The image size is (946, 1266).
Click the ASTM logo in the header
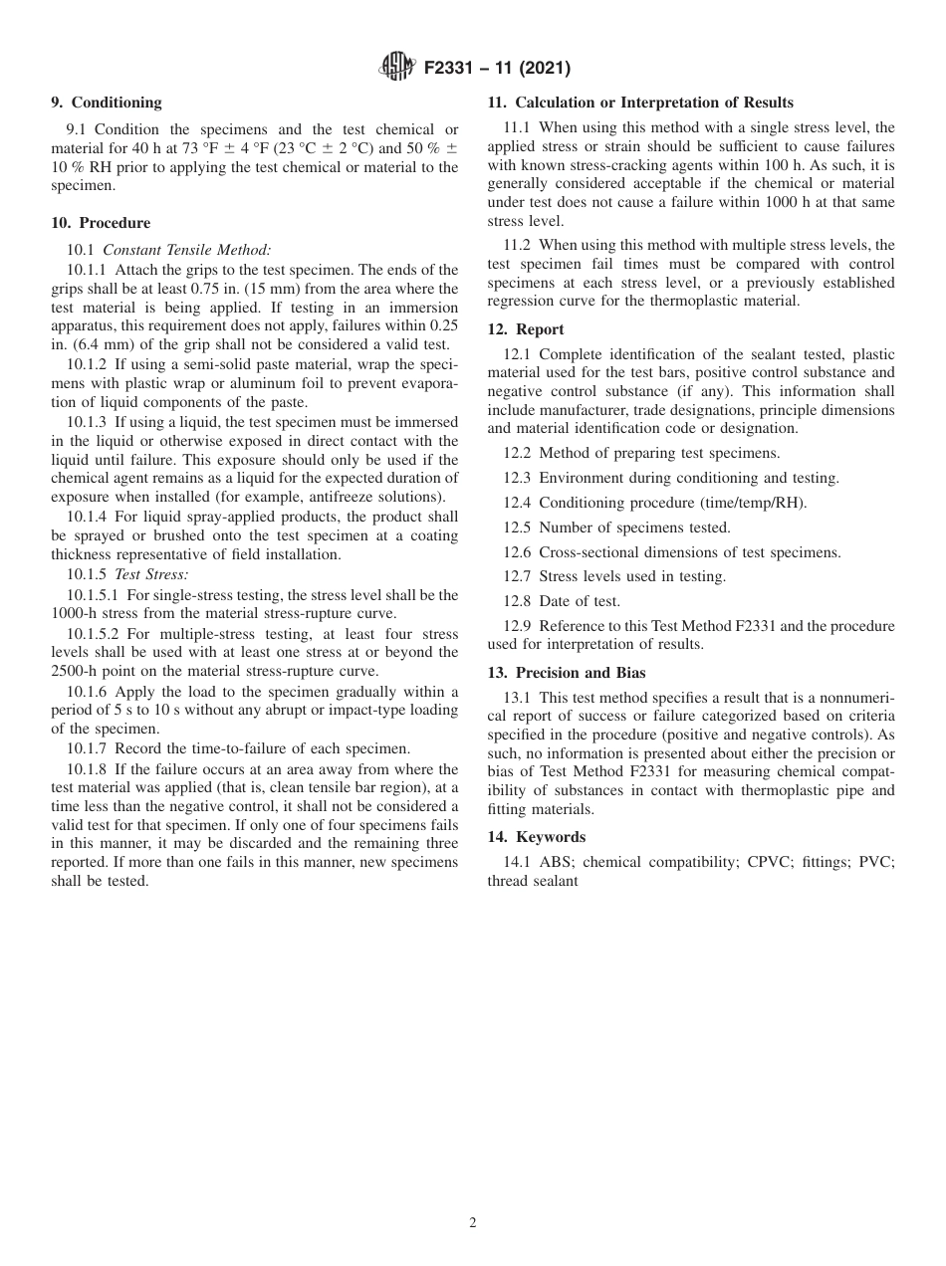pyautogui.click(x=398, y=68)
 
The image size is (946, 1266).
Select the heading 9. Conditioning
pyautogui.click(x=106, y=103)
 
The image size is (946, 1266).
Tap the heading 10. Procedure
pyautogui.click(x=101, y=222)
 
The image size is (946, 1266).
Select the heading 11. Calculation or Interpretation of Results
pyautogui.click(x=640, y=103)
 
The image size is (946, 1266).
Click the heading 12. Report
pyautogui.click(x=526, y=329)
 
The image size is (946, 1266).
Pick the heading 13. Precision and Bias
pyautogui.click(x=567, y=673)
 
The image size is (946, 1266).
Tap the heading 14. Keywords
pyautogui.click(x=537, y=837)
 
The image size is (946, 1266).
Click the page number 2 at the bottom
pyautogui.click(x=473, y=1223)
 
